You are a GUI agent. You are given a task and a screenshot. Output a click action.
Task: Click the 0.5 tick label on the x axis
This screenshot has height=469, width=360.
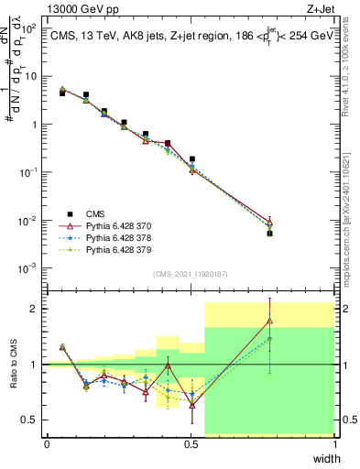tap(191, 444)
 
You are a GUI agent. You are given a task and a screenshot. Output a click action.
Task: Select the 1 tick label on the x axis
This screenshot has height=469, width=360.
tap(335, 444)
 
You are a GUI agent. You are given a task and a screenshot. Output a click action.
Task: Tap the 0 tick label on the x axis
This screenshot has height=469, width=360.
tap(47, 444)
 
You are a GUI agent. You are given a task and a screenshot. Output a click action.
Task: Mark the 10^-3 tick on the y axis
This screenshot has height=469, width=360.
tap(30, 268)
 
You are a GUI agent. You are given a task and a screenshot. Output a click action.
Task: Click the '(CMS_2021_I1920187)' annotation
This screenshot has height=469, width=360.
tap(191, 273)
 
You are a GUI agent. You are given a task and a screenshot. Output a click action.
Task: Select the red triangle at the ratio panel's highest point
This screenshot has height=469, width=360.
tap(269, 321)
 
